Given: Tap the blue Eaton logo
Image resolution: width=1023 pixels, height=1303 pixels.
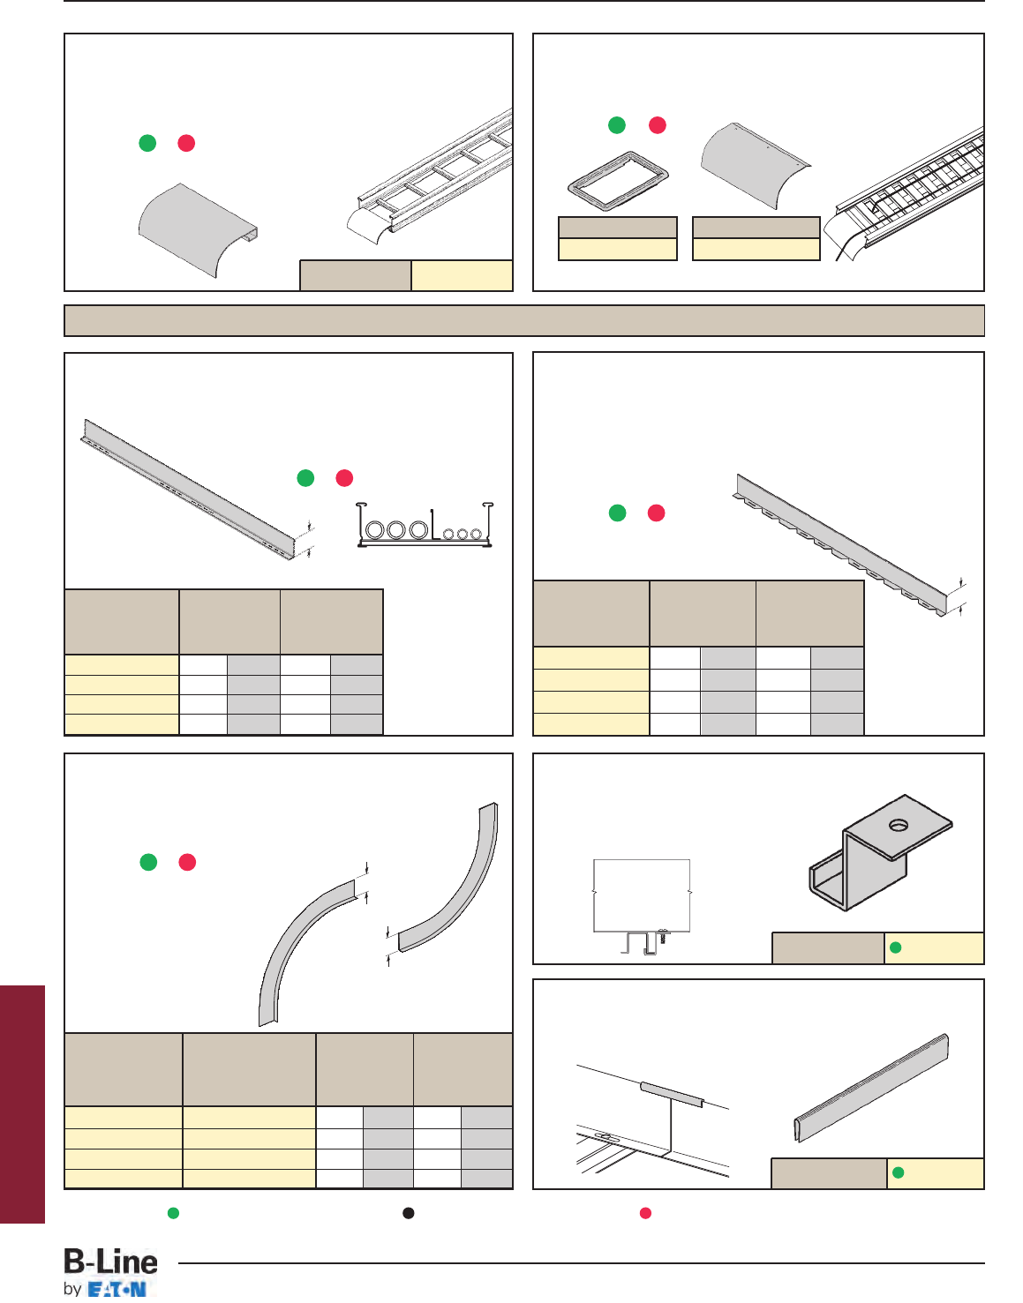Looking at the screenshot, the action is point(117,1289).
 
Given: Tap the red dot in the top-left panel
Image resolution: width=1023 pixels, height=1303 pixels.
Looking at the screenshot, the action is point(186,143).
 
